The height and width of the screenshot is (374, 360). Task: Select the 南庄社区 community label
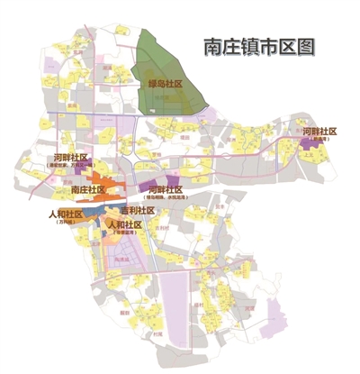coord(87,192)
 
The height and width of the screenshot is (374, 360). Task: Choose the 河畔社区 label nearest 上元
coord(319,132)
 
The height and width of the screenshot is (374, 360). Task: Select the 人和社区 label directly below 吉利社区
coord(125,223)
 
